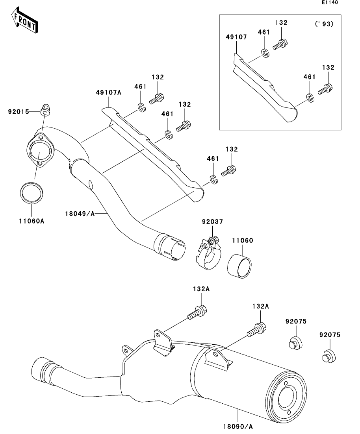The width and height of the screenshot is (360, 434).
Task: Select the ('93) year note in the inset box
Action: point(324,24)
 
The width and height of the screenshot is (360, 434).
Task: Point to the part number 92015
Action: point(19,112)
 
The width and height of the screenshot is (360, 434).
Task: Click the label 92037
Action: point(213,222)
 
